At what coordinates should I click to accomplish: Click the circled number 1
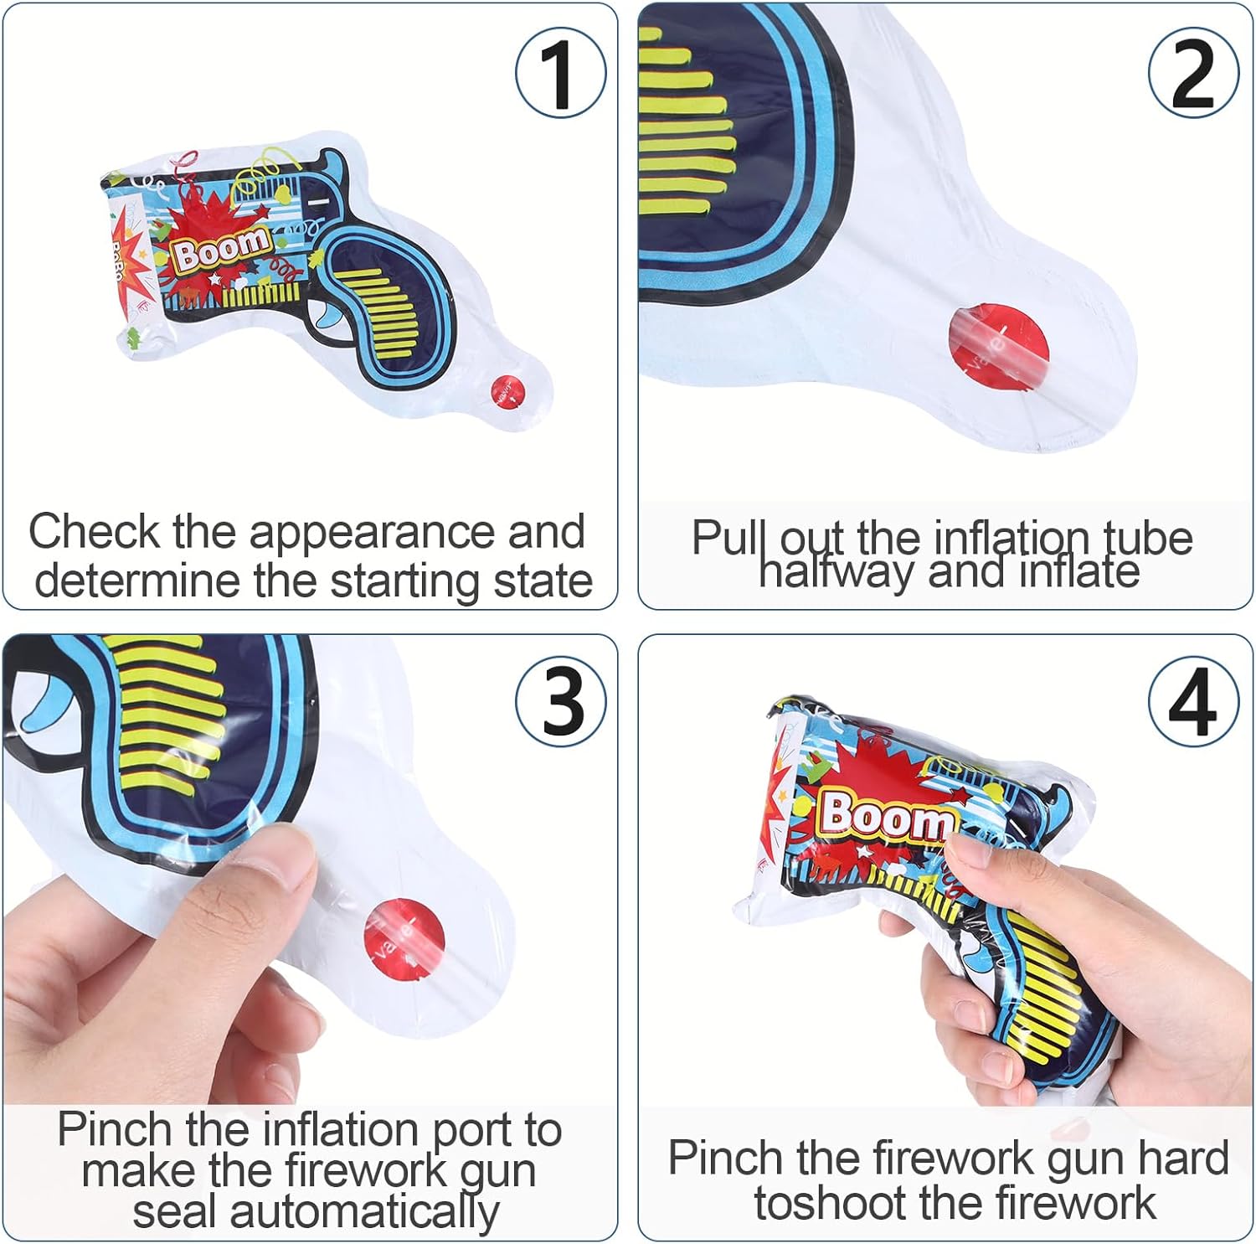[x=560, y=73]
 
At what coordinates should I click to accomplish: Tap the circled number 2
[x=1193, y=73]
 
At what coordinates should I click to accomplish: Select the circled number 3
[x=560, y=701]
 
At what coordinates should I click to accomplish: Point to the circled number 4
[x=1193, y=701]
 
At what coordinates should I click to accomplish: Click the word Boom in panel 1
[x=222, y=248]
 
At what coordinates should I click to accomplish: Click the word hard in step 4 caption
[x=1183, y=1159]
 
